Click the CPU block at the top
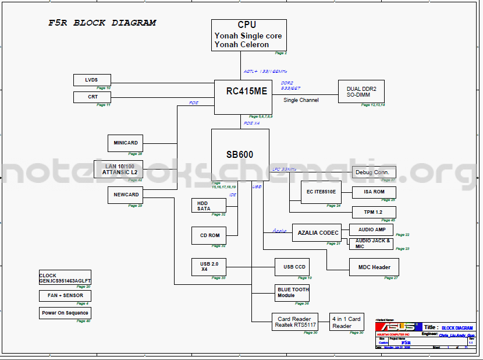pos(240,34)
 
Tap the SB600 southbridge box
pos(240,155)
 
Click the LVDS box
pos(92,80)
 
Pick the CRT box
pos(92,97)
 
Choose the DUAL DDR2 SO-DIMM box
pos(361,91)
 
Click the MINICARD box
pos(125,143)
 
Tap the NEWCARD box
pos(125,195)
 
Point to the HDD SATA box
pos(208,205)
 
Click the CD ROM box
pos(208,235)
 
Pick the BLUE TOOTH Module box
pos(293,292)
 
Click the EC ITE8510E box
pos(321,192)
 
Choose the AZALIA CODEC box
pos(318,232)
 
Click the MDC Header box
pos(374,267)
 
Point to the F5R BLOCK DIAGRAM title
pos(102,23)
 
